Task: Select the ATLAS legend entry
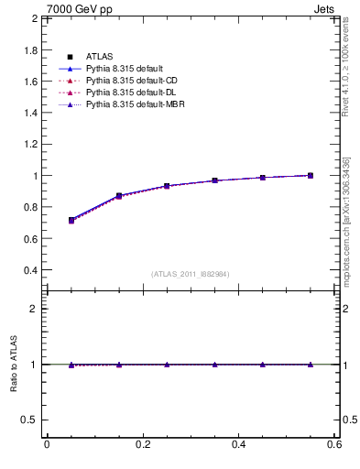pos(99,58)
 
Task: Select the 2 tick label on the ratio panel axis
pos(34,309)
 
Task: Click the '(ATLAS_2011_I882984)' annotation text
pos(190,274)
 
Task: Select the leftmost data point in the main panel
pos(71,220)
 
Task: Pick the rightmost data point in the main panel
pos(311,175)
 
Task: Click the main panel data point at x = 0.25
pos(167,186)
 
